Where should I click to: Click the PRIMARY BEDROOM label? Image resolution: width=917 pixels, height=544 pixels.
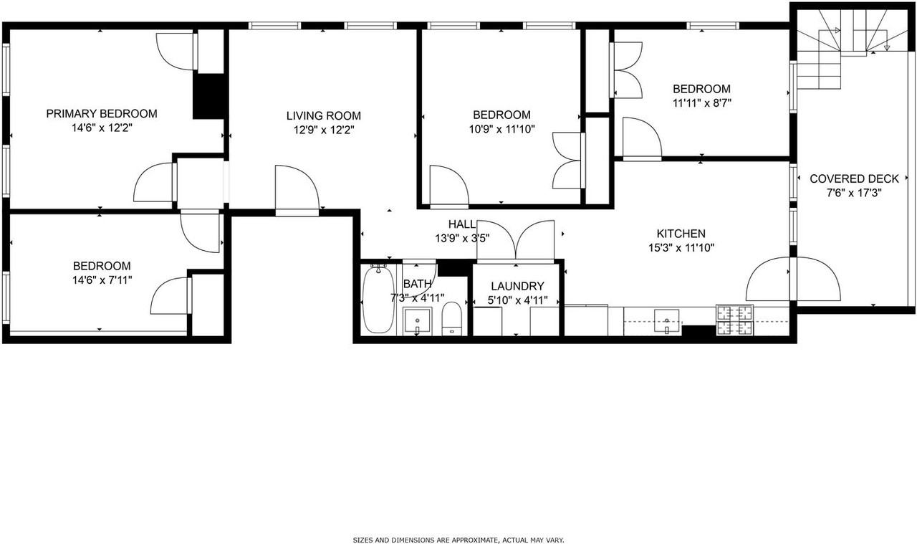(102, 113)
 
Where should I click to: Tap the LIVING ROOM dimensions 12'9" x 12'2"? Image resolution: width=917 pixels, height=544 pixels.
(323, 130)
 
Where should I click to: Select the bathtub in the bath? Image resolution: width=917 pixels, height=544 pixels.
(378, 300)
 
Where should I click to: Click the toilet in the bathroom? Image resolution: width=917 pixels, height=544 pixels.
(451, 318)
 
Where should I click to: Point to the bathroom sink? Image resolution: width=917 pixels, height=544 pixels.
(416, 320)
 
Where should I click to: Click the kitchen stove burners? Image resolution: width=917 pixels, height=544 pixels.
(735, 320)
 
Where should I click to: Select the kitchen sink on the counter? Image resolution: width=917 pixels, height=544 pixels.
(667, 320)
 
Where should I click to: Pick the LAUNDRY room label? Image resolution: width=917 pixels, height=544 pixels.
(517, 286)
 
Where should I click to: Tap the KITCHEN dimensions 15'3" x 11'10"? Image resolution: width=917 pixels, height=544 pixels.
(681, 248)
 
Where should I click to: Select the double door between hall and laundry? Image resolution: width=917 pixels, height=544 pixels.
(516, 240)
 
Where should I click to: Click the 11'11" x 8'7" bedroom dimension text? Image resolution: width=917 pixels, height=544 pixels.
(701, 102)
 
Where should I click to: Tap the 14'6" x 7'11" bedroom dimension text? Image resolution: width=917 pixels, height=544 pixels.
(101, 280)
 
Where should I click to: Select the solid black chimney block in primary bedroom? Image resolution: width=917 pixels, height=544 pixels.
(209, 96)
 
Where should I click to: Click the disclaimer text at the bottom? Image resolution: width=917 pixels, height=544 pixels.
(458, 540)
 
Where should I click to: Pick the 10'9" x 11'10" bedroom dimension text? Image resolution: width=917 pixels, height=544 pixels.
(501, 129)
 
